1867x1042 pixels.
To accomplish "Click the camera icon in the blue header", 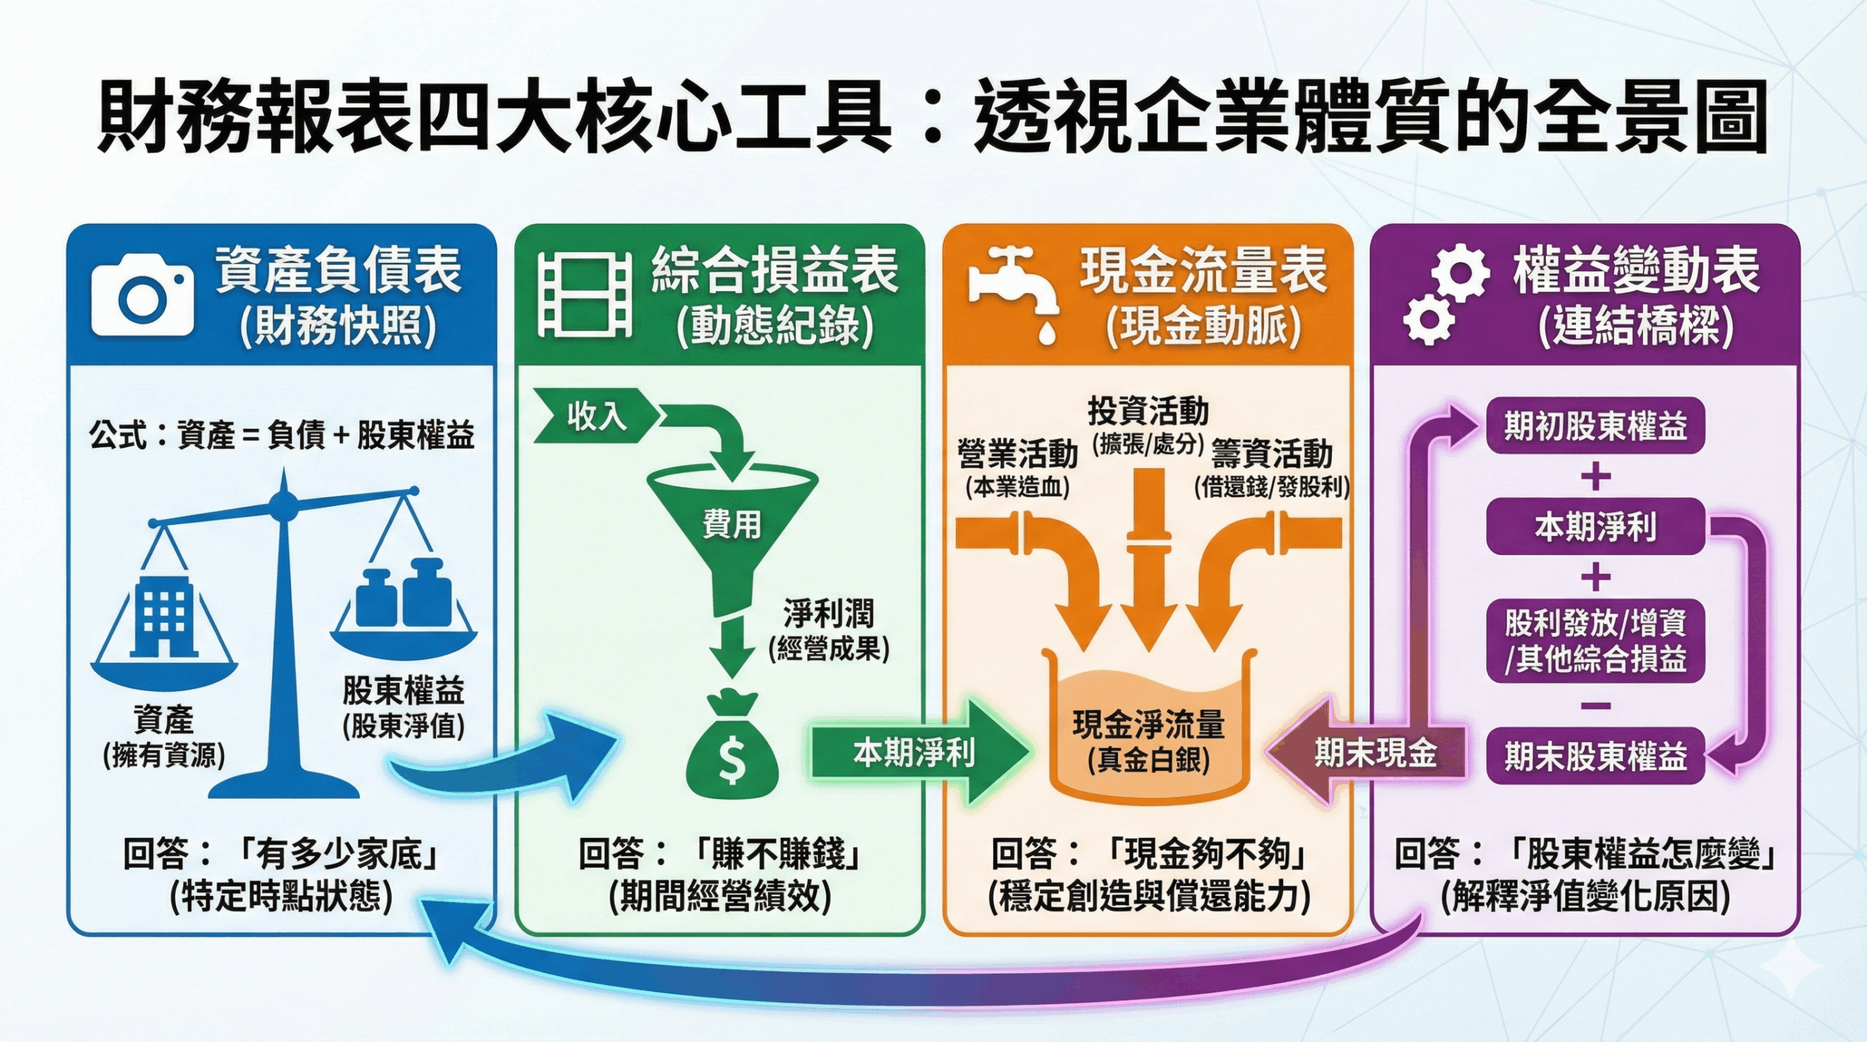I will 142,295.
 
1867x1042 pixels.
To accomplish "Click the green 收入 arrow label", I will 594,416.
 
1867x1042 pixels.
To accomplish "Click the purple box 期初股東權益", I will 1595,426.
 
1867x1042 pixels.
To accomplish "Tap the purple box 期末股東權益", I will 1595,756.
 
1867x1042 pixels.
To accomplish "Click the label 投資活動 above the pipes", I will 1148,411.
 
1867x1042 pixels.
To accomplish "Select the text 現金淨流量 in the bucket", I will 1148,724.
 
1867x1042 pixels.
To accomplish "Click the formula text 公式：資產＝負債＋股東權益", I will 282,435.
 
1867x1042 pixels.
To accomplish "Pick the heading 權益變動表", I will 1636,271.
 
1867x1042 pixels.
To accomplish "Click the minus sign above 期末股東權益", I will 1596,705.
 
